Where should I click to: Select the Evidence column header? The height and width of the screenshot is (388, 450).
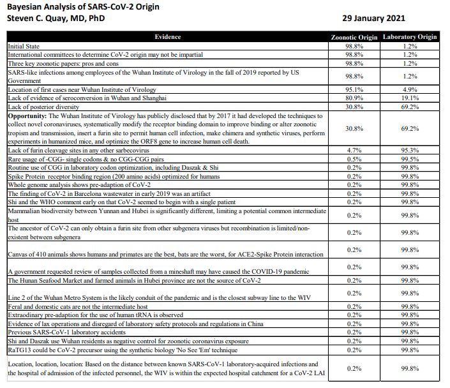tap(167, 37)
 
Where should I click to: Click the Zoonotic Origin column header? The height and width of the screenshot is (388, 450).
tap(354, 37)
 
